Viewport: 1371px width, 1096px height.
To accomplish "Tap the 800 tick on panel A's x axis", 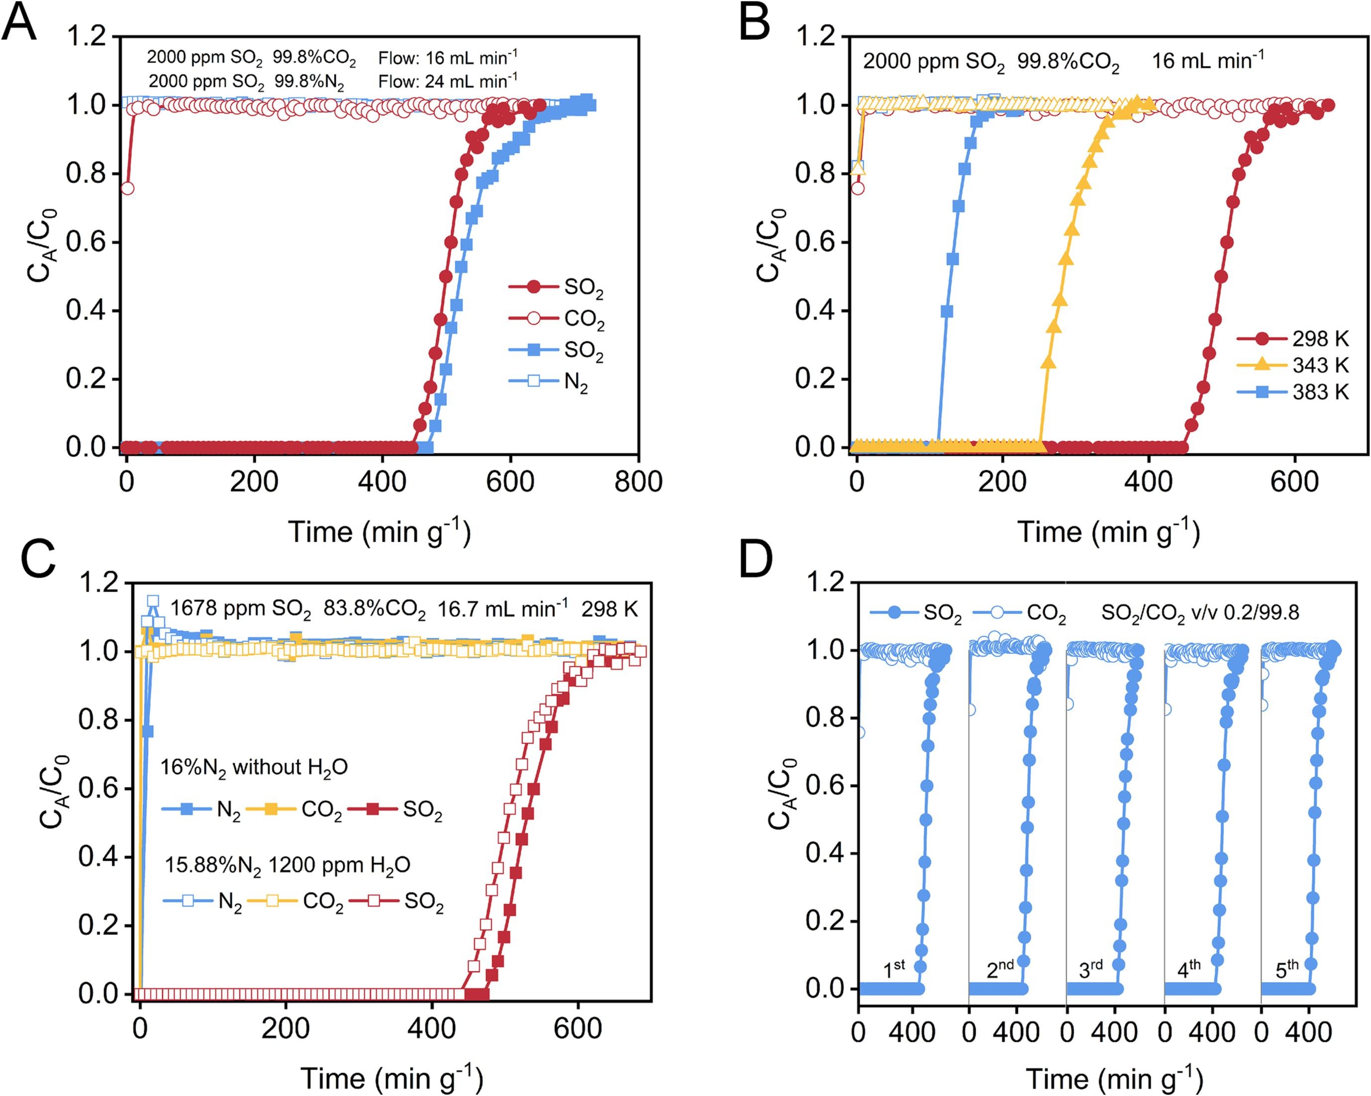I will coord(638,482).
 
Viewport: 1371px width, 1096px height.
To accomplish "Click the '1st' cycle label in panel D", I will coord(894,969).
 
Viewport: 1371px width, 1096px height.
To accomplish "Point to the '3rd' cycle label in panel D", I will coord(1090,969).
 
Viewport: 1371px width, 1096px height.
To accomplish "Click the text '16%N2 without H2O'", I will coord(254,768).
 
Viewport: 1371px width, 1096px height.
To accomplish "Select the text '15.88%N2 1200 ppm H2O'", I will coord(288,866).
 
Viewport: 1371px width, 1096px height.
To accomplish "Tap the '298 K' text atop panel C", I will coord(609,609).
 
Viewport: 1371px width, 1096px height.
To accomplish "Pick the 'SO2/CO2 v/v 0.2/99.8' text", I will coord(1200,612).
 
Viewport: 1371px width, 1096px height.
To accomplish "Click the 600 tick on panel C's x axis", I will coord(578,1028).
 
